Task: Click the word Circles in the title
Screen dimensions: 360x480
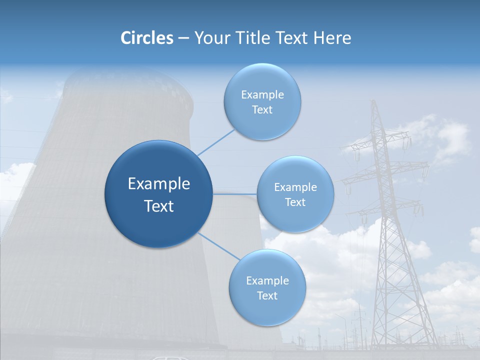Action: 147,38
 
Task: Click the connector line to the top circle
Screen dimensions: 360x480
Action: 216,142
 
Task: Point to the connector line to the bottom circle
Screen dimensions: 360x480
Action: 219,246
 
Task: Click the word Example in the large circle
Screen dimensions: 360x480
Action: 159,184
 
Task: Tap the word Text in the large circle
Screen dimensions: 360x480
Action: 159,206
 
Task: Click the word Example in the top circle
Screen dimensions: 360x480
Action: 262,95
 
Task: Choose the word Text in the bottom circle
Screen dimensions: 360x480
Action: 267,296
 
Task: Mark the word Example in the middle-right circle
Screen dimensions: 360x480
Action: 295,187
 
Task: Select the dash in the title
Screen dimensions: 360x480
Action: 183,38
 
